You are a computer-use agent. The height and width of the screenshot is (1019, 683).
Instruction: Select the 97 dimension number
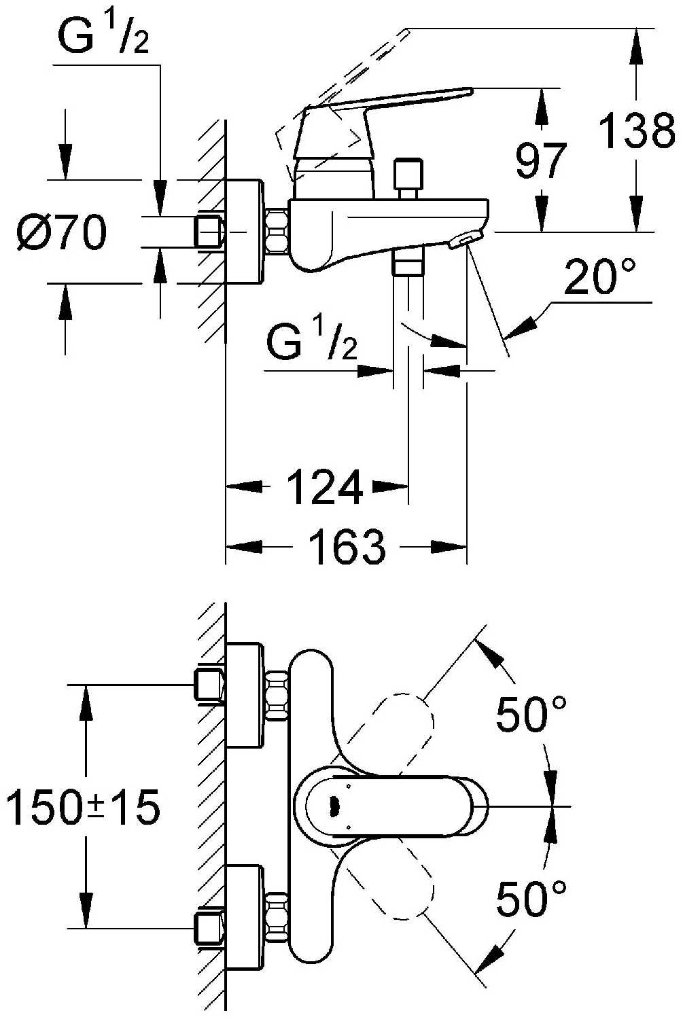(540, 161)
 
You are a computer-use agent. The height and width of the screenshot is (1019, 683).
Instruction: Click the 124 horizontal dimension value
(324, 487)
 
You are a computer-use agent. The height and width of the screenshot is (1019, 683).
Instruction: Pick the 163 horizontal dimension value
(347, 547)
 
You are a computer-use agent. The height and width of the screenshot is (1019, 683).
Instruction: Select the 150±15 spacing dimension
(83, 808)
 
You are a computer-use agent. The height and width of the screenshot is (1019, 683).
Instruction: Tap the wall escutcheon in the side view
(245, 231)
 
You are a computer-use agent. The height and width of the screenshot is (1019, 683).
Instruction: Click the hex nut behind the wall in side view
(210, 232)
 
